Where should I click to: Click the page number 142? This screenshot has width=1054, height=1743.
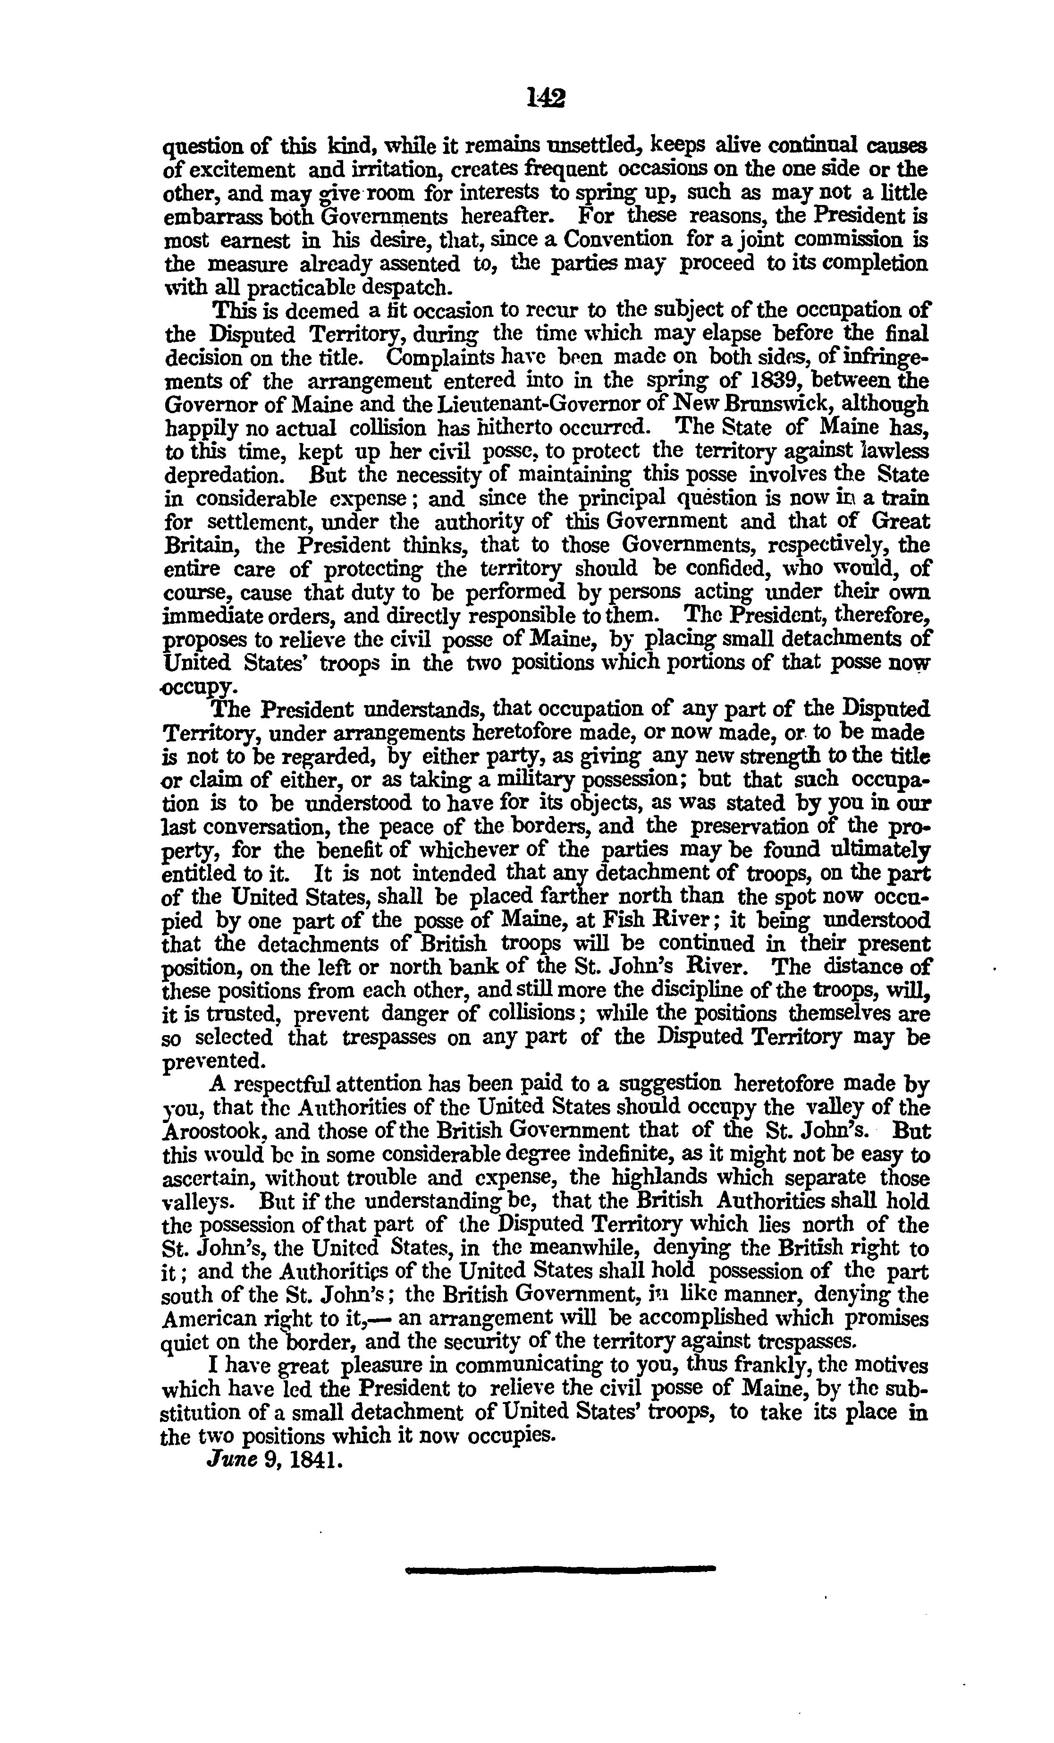[546, 98]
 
